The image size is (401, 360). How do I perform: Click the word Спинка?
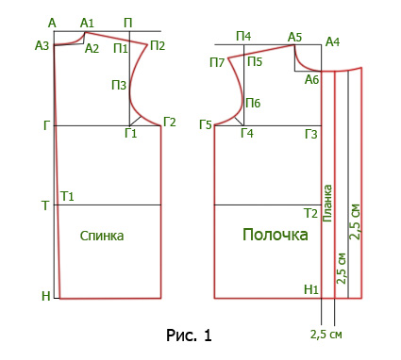[102, 236]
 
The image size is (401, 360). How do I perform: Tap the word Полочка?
[276, 235]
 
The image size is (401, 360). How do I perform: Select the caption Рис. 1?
[189, 335]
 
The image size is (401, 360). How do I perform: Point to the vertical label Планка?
[327, 204]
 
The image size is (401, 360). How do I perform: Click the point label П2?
[158, 46]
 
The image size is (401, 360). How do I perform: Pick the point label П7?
[217, 62]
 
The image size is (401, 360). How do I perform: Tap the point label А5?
[294, 38]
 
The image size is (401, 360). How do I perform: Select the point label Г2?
[170, 122]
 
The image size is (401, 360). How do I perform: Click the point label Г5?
[206, 125]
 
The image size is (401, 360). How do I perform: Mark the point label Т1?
[67, 196]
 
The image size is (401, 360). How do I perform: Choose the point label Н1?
[311, 289]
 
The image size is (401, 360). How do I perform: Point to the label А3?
[42, 46]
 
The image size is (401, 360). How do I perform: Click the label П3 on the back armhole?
[119, 85]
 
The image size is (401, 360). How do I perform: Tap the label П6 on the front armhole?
[253, 103]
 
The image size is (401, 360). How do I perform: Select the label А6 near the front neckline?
[312, 80]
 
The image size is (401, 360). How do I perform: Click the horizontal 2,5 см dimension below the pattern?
[326, 335]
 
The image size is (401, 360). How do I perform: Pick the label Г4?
[247, 133]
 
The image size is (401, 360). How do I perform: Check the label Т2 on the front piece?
[310, 214]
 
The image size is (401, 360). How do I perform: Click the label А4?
[333, 41]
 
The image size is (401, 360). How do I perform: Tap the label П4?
[243, 37]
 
